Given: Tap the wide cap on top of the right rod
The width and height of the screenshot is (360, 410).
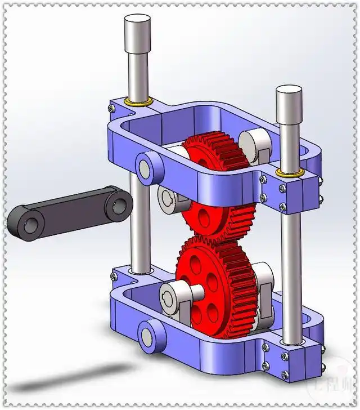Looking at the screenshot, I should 289,105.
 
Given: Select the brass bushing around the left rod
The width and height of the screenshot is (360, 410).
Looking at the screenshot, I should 138,102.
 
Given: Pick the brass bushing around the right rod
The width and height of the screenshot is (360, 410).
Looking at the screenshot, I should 290,172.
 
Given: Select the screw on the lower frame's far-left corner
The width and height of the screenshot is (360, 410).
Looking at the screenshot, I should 115,275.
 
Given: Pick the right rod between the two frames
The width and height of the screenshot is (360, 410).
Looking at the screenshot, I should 289,253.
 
